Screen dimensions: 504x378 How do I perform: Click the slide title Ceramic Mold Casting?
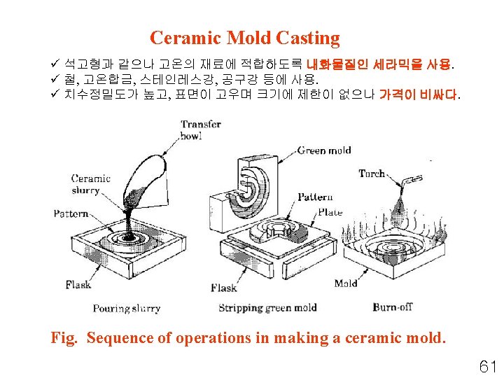244,38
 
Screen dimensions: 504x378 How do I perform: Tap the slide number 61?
487,365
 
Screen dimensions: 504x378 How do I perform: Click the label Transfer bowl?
200,130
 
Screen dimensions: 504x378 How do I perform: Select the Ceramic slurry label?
91,184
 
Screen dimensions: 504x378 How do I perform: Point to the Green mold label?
324,150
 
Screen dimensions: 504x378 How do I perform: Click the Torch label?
372,173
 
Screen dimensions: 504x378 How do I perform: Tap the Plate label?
330,211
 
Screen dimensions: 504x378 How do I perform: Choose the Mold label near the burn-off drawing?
346,283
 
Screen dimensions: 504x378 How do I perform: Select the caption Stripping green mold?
267,308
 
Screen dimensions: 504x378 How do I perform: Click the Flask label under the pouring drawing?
78,285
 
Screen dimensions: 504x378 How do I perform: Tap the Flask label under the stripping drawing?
224,288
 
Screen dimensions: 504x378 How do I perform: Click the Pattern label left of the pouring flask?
71,213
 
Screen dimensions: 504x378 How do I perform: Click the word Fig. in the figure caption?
64,338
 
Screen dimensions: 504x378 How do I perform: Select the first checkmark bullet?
57,65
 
